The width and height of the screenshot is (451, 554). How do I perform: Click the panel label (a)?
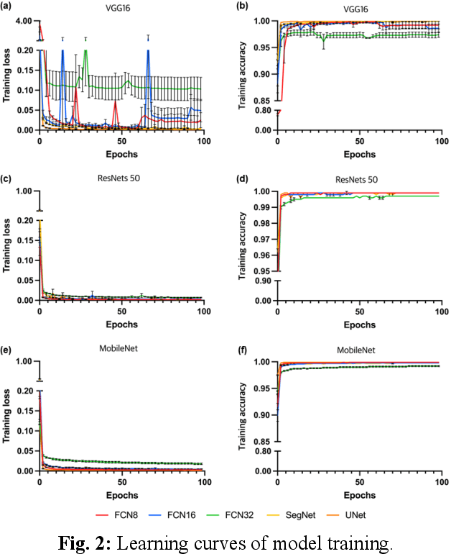(x=9, y=6)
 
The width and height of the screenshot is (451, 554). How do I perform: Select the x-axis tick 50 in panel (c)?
(x=121, y=311)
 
